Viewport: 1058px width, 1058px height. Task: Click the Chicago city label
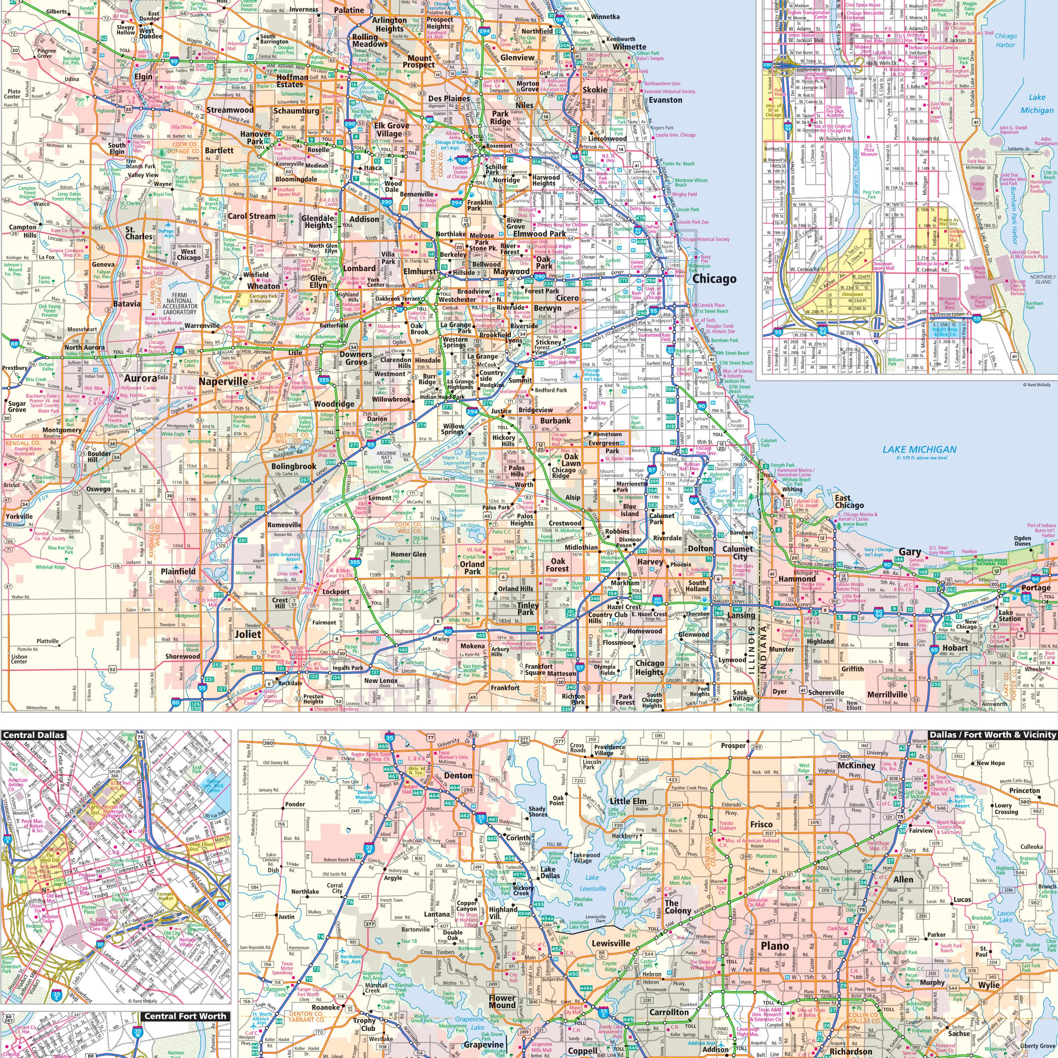point(714,279)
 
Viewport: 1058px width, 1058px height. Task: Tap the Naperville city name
point(223,381)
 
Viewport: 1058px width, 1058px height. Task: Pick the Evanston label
point(666,100)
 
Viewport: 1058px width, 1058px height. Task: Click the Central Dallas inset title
point(34,735)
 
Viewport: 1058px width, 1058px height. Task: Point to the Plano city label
point(775,946)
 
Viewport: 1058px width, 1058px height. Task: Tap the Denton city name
point(458,775)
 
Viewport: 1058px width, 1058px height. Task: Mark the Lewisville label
point(611,943)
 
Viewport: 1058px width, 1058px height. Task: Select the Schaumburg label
point(296,111)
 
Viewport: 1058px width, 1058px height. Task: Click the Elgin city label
point(143,77)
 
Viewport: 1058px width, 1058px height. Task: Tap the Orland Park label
point(472,567)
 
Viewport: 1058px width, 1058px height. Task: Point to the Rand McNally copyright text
point(1036,384)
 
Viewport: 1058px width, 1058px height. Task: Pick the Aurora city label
point(141,378)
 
